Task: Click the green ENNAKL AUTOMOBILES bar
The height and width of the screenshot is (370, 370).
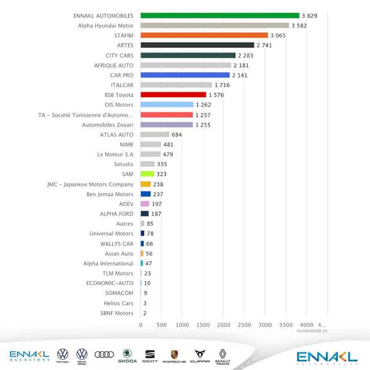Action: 220,16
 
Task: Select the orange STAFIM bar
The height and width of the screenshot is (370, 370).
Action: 204,35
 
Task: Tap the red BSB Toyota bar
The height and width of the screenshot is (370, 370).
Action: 173,95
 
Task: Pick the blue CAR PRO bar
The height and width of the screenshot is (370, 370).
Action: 185,75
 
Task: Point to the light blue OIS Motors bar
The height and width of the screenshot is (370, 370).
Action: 167,105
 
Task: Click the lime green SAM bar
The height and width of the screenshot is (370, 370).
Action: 147,174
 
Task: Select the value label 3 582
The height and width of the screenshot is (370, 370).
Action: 299,25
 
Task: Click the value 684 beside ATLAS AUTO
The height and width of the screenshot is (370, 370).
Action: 177,135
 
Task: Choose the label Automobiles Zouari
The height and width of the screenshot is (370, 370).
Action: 107,125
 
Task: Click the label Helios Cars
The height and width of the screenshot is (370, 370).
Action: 118,303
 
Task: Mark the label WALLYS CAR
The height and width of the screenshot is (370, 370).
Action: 117,244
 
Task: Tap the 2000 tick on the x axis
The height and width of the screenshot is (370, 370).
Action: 224,325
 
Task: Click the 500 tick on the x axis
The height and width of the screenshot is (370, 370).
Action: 161,325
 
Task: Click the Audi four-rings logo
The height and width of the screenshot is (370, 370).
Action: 104,354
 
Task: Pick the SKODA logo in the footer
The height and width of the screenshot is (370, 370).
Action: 127,355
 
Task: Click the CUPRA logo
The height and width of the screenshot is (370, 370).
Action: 200,355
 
